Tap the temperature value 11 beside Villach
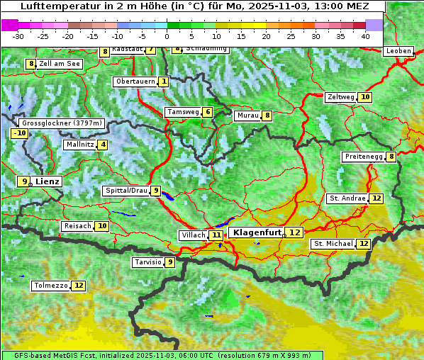[x=216, y=235]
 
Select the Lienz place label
[x=48, y=181]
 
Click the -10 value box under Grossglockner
[x=19, y=133]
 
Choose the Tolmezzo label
[x=50, y=286]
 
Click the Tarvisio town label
[x=147, y=262]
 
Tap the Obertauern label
[x=135, y=81]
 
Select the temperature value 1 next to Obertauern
[x=164, y=81]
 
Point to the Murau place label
[x=247, y=116]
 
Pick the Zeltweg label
[x=340, y=97]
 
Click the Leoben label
[x=398, y=51]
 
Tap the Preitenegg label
[x=363, y=157]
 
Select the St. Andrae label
[x=347, y=198]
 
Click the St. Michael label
[x=333, y=244]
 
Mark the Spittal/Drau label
[x=125, y=191]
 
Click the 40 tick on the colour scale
[x=364, y=35]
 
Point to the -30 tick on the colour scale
[x=18, y=35]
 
